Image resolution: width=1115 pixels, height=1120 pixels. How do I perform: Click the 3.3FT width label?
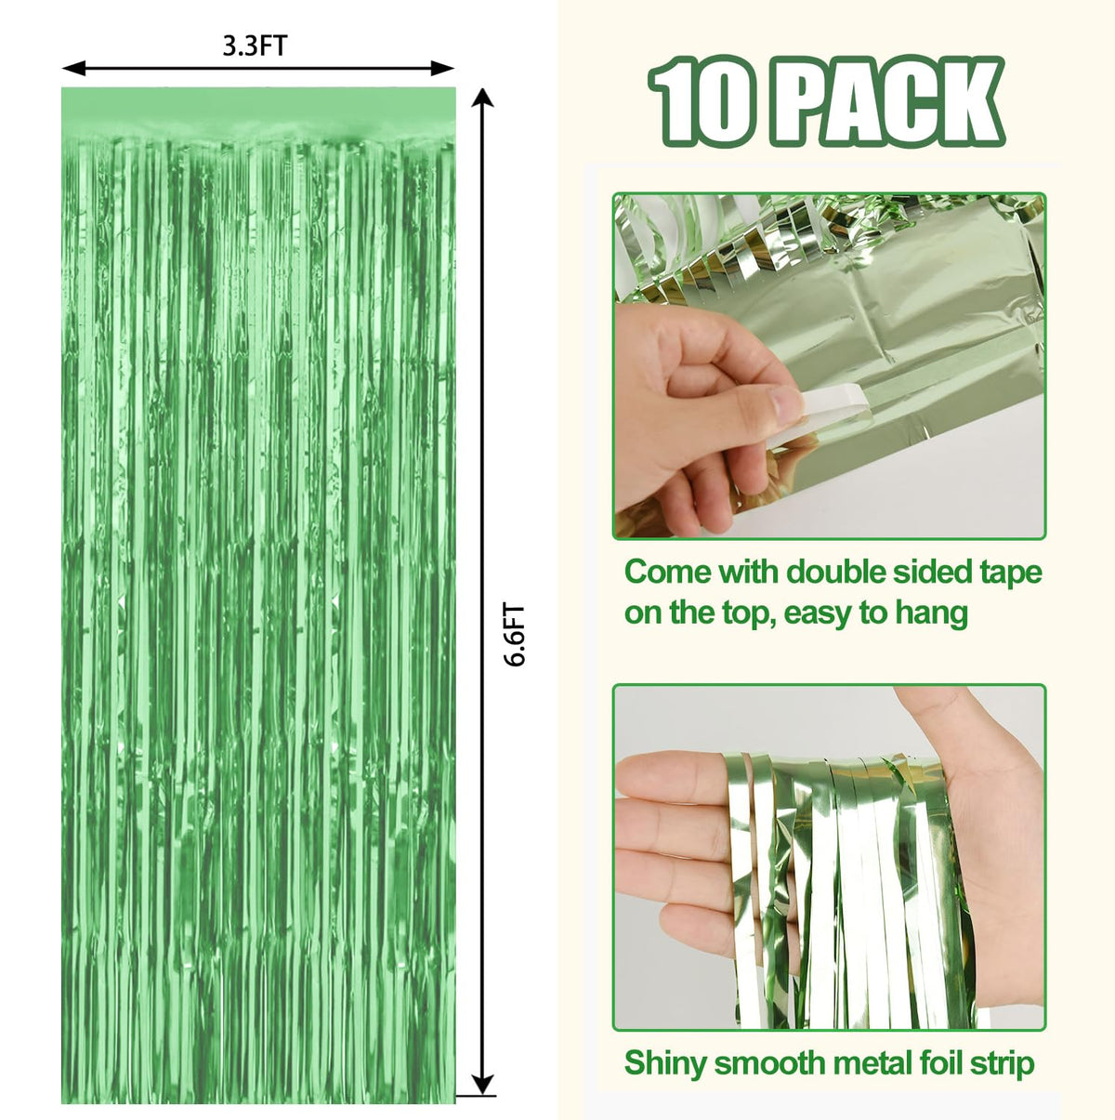pyautogui.click(x=256, y=46)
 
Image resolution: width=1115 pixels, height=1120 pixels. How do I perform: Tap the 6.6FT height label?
pyautogui.click(x=515, y=635)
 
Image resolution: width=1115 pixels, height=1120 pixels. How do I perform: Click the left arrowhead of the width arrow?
pyautogui.click(x=73, y=68)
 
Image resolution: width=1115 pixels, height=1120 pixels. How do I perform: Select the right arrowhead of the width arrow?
pyautogui.click(x=442, y=68)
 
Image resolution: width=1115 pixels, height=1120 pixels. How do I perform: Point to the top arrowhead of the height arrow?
pyautogui.click(x=482, y=99)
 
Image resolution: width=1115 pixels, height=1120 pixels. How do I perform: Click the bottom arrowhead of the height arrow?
pyautogui.click(x=482, y=1084)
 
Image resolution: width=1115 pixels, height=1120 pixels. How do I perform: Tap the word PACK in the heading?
pyautogui.click(x=887, y=100)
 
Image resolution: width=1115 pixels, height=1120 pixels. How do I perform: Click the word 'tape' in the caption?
pyautogui.click(x=1012, y=573)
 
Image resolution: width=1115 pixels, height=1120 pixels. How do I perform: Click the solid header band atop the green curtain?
pyautogui.click(x=258, y=112)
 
